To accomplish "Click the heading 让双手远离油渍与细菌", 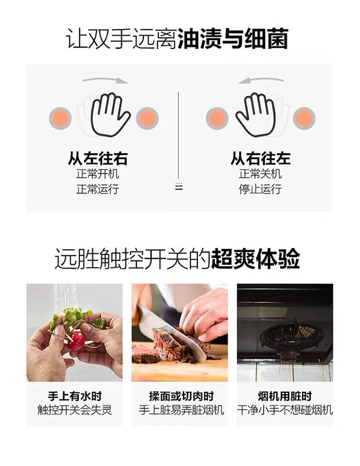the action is point(177,39).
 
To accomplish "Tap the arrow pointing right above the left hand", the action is point(106,80).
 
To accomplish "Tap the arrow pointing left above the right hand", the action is point(261,80).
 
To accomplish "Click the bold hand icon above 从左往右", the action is point(110,115).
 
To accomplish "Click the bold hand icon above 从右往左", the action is point(255,115).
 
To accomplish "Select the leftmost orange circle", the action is point(60,119).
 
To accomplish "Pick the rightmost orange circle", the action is point(304,119).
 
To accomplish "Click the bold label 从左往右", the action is point(98,159).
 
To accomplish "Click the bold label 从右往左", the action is point(261,159).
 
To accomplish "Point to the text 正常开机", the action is point(98,174).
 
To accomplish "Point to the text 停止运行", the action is point(261,189).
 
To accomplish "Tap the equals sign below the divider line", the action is point(179,187).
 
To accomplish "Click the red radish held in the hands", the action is point(75,340).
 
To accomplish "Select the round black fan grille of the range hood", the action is point(287,336).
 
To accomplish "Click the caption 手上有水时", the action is point(74,396).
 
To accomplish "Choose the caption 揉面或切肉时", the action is point(181,396).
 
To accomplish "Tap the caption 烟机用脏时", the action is point(285,396).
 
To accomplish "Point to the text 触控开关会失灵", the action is point(74,410).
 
